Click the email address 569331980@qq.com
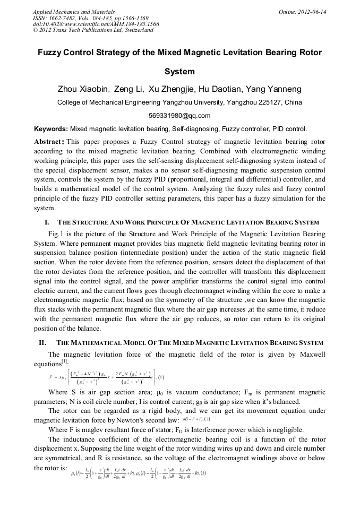tap(179, 116)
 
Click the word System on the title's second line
tap(179, 71)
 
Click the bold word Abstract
tap(49, 142)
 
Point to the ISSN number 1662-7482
tap(65, 18)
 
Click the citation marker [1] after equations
tap(64, 360)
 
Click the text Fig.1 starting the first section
tap(56, 234)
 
